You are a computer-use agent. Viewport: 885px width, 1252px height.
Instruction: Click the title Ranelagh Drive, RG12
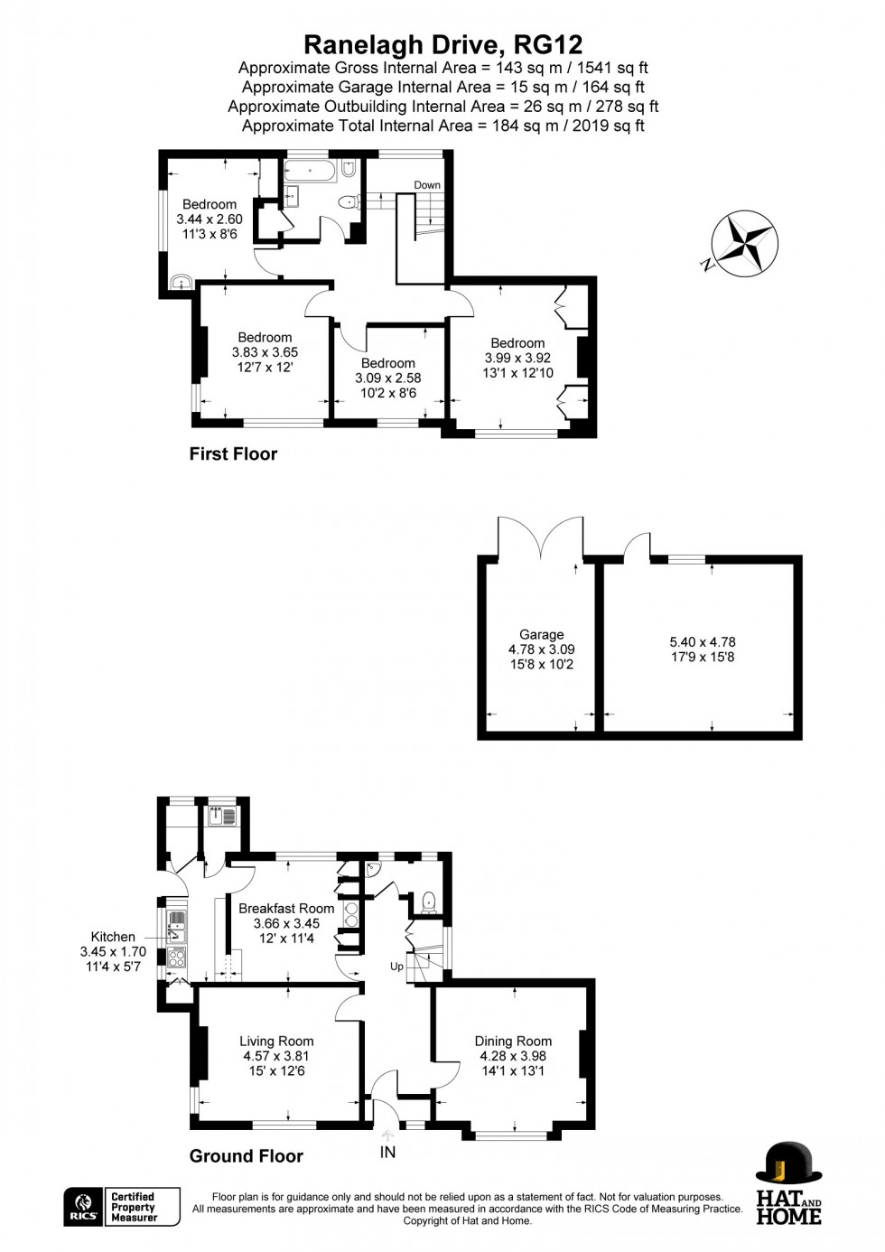(443, 44)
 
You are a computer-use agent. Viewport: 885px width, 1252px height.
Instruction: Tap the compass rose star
(745, 243)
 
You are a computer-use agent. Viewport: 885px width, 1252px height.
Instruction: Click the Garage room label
(542, 634)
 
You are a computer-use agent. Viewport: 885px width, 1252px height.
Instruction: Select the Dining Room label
(513, 1042)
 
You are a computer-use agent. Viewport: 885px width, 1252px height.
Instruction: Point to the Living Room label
(276, 1042)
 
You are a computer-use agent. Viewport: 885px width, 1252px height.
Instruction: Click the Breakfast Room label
(286, 908)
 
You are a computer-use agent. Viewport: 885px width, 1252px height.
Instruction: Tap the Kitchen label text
(113, 937)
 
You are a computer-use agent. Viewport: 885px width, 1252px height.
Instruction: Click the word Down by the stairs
(427, 185)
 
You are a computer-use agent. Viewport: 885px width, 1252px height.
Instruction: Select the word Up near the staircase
(396, 967)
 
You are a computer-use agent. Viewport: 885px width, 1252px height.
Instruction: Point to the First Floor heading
(233, 453)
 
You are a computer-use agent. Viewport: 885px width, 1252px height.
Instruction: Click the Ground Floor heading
(246, 1156)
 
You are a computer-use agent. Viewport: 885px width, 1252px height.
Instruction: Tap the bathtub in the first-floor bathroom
(310, 171)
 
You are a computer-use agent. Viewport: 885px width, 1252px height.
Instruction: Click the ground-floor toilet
(429, 902)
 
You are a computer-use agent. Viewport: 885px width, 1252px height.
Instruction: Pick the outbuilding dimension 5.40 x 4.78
(703, 642)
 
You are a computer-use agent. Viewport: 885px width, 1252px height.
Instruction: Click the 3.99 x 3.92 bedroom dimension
(517, 358)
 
